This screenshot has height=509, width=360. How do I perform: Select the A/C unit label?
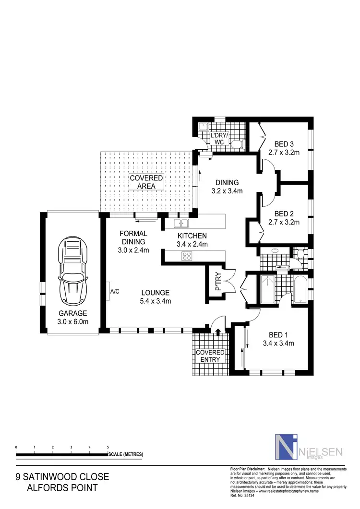115,291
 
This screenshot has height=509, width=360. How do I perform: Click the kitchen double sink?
181,223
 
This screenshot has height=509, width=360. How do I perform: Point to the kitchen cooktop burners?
186,256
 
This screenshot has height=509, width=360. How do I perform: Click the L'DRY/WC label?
219,139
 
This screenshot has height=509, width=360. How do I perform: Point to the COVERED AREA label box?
146,182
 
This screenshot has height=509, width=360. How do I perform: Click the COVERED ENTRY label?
210,356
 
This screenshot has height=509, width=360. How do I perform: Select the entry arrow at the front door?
218,331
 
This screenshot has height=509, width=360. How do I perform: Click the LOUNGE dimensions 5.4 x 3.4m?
155,301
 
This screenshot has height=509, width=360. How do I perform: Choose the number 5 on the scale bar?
108,447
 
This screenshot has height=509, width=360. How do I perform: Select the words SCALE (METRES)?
126,454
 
